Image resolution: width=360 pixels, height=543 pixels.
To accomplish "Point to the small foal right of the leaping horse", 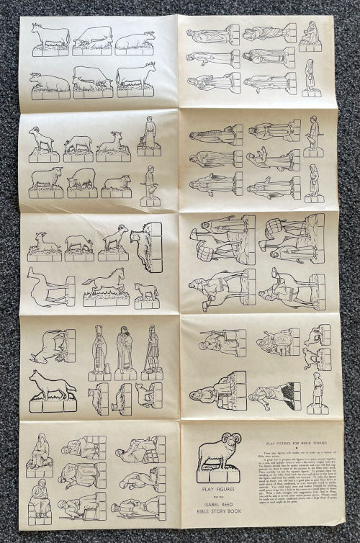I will [146, 290].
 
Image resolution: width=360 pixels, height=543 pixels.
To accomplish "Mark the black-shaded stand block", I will [294, 396].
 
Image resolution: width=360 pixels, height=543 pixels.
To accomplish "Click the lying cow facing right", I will [135, 40].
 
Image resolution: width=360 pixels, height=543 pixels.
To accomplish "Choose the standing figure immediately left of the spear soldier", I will [125, 351].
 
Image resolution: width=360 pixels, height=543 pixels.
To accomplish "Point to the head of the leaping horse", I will [120, 271].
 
